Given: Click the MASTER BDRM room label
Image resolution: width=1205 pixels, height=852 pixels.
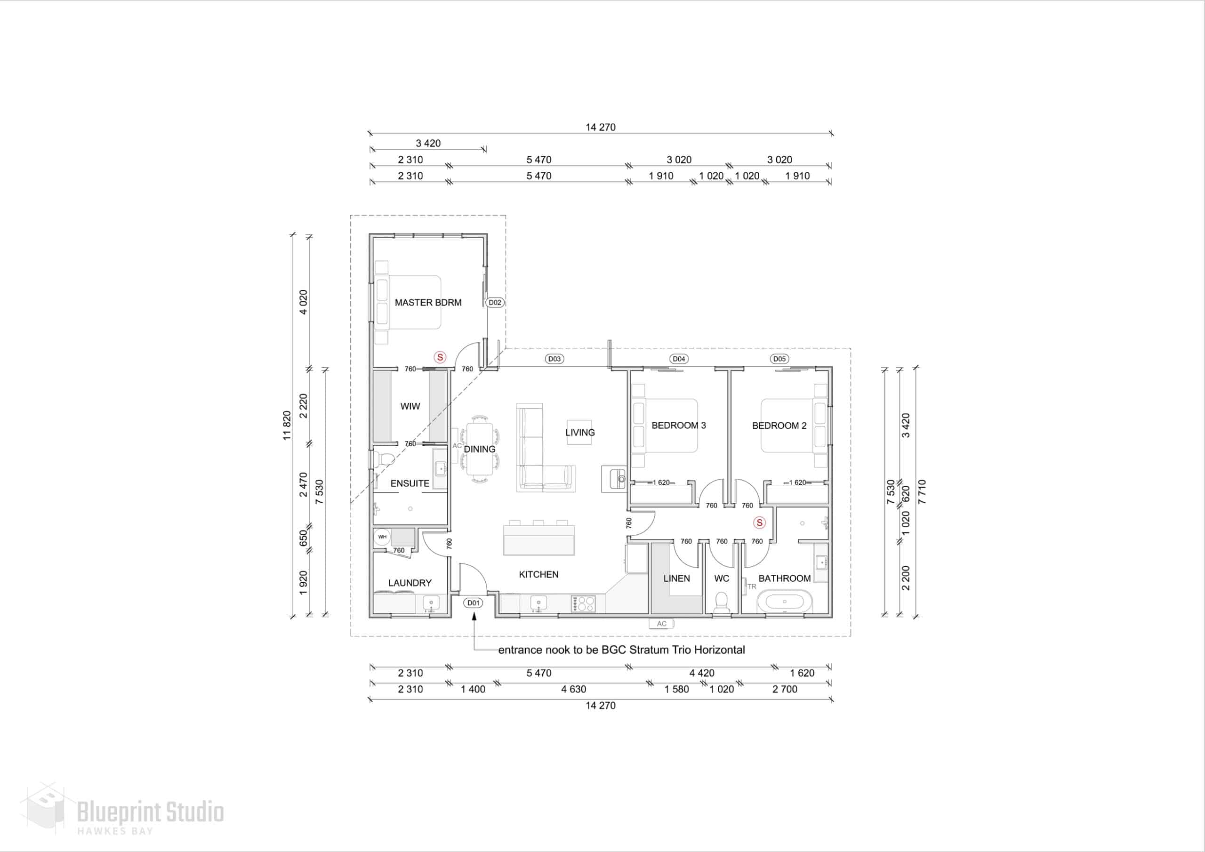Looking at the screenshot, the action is pyautogui.click(x=428, y=302).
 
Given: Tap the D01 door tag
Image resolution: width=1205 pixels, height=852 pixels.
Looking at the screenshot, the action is pyautogui.click(x=474, y=603).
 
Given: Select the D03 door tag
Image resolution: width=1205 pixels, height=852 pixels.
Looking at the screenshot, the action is pyautogui.click(x=554, y=359).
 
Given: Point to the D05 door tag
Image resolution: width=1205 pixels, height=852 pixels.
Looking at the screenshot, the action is pyautogui.click(x=779, y=359).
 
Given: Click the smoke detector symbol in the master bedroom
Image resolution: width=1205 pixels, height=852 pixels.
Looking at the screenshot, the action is pyautogui.click(x=440, y=357).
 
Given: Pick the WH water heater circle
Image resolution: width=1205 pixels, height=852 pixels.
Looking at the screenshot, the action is pyautogui.click(x=382, y=537).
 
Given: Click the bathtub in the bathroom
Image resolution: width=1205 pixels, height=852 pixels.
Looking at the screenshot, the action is pyautogui.click(x=785, y=602).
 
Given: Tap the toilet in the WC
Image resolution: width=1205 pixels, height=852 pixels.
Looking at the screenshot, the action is pyautogui.click(x=722, y=603).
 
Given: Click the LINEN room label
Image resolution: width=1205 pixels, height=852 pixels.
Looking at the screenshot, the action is pyautogui.click(x=676, y=579).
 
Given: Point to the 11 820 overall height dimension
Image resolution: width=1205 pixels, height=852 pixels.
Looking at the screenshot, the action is pyautogui.click(x=287, y=426).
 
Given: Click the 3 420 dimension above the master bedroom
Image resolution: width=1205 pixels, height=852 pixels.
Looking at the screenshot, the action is pyautogui.click(x=428, y=143).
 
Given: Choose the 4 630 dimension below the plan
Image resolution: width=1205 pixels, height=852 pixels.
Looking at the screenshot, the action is pyautogui.click(x=574, y=689).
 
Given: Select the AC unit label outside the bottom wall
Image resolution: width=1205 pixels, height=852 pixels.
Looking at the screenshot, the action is pyautogui.click(x=661, y=624).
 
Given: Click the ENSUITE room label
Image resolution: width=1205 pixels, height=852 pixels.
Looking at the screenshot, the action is pyautogui.click(x=410, y=483).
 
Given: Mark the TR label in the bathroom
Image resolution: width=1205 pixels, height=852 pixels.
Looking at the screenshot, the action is pyautogui.click(x=752, y=587).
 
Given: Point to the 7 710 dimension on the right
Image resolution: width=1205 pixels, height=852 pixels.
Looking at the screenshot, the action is pyautogui.click(x=922, y=492).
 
